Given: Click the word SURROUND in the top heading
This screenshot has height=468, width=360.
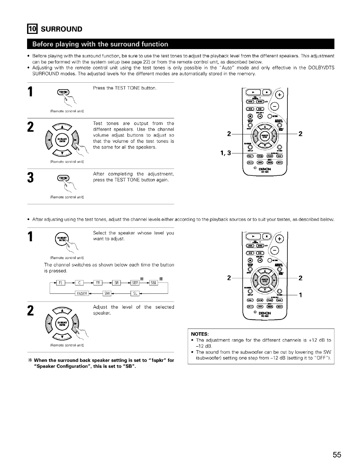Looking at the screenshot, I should [61, 29].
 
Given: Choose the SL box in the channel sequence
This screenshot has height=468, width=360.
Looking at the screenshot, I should [135, 294].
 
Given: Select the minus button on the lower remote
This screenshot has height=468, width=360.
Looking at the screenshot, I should [276, 250].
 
